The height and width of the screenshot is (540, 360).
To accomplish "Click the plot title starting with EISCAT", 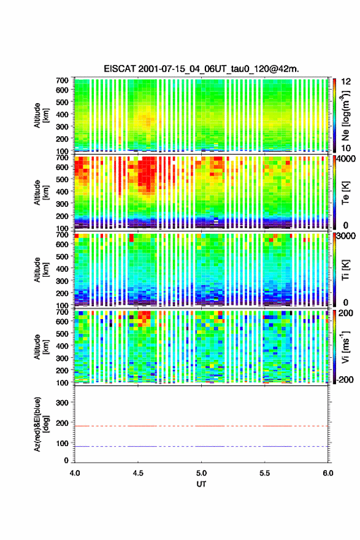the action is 201,69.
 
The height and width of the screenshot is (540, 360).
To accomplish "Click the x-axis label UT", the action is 201,484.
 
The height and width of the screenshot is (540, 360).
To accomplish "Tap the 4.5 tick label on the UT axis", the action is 138,473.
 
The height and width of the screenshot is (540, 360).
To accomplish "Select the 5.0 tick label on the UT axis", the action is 201,473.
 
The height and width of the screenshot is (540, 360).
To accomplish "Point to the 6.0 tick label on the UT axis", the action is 328,473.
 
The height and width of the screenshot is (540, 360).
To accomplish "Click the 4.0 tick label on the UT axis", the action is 75,473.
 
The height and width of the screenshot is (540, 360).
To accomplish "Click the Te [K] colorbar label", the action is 345,193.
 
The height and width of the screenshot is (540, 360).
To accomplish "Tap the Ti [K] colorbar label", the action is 345,270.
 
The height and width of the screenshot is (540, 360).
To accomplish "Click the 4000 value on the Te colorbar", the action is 346,159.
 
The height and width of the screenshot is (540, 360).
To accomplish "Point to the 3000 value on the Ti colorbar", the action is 346,236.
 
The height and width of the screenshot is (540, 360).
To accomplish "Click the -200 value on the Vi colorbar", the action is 345,380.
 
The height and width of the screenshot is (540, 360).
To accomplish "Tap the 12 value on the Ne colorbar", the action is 346,82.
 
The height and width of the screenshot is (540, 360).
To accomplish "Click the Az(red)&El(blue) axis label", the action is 41,424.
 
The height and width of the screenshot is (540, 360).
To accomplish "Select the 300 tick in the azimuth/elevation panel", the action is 62,403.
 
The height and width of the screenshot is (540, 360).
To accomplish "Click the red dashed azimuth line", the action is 201,426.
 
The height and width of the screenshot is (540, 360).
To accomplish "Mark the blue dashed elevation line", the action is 201,446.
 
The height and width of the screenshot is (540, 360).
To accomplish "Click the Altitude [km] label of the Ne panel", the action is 41,115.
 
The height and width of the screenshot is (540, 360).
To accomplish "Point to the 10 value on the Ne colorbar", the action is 346,148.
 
